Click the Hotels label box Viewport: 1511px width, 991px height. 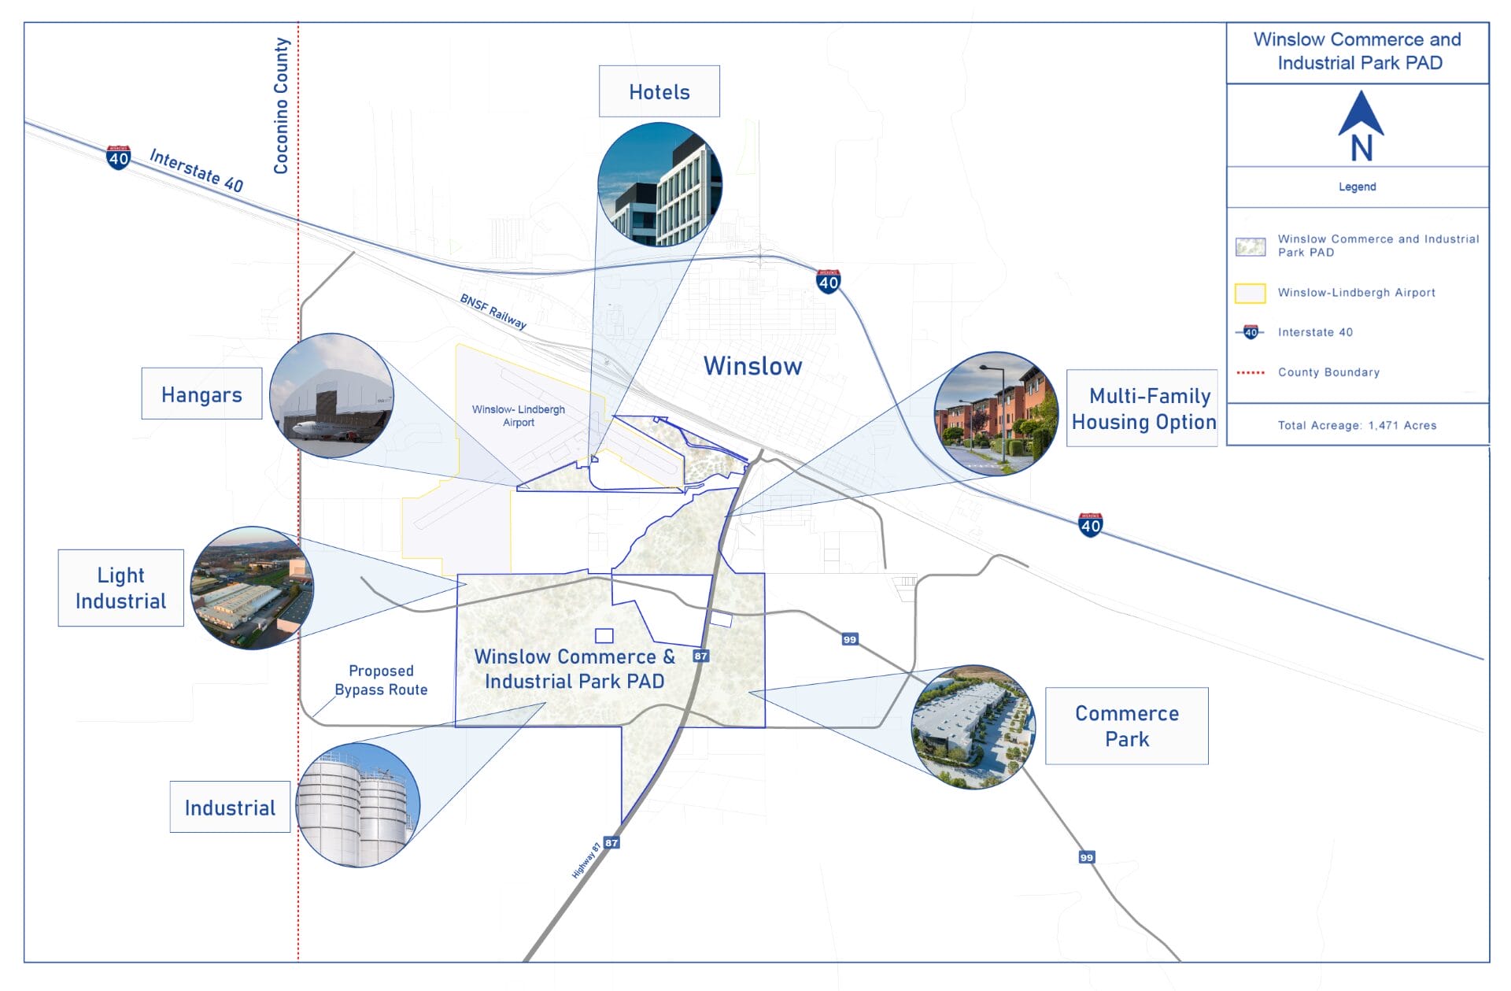(659, 91)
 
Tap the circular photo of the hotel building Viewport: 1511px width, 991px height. (659, 184)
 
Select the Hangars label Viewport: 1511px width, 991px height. (201, 394)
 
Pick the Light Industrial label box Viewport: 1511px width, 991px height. (120, 588)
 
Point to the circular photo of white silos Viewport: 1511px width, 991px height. (357, 804)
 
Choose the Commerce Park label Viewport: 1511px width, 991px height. (1126, 726)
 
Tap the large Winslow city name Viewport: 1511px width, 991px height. (752, 366)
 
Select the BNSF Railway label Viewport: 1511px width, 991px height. (493, 311)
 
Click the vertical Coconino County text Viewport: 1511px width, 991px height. (281, 105)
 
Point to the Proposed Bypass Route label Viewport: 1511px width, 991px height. (381, 680)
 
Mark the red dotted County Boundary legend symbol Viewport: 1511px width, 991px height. (1250, 372)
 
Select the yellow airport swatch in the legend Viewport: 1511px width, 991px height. (1250, 293)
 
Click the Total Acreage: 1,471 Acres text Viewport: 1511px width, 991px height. (1357, 425)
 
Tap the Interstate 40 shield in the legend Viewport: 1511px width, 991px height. (1251, 332)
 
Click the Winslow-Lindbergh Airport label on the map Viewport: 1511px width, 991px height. (519, 416)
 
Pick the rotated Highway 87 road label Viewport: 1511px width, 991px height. (586, 860)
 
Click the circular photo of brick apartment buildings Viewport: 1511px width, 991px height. (996, 414)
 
